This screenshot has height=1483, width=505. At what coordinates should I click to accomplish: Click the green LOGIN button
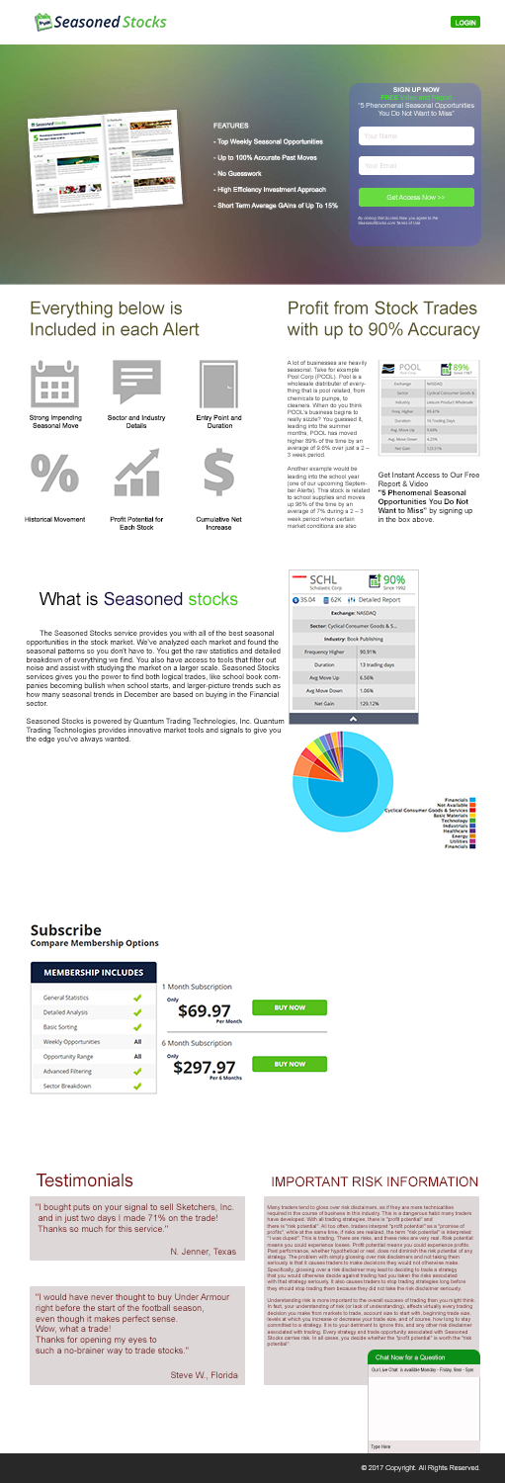464,22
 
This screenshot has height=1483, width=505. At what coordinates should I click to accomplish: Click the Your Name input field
416,135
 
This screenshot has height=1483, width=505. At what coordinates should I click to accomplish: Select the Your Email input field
416,165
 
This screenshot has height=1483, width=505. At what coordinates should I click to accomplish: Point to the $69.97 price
204,1010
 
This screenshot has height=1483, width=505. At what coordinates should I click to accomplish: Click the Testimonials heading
84,1180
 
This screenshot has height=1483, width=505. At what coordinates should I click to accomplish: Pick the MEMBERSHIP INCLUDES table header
94,973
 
